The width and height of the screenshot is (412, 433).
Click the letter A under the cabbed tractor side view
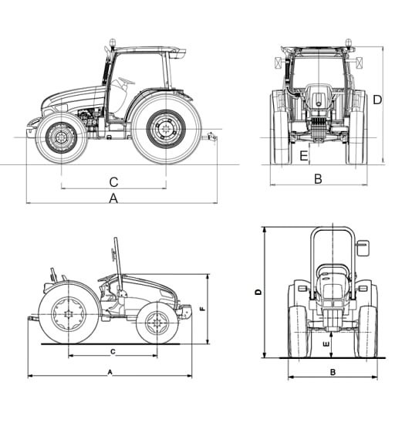click(x=113, y=198)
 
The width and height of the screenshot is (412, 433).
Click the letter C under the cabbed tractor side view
click(x=113, y=182)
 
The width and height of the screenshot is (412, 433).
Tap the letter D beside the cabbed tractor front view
click(x=377, y=100)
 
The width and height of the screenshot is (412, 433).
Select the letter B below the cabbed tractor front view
click(x=318, y=178)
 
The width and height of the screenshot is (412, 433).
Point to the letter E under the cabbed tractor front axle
click(x=303, y=156)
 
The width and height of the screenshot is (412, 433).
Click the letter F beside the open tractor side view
click(x=203, y=309)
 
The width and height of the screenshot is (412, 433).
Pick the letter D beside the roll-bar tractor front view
click(x=258, y=292)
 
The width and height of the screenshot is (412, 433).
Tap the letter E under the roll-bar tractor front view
click(x=326, y=344)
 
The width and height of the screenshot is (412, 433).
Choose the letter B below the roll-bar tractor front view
click(x=333, y=372)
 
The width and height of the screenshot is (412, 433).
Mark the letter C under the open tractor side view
click(x=113, y=351)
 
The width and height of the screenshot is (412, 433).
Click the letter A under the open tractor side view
click(x=110, y=372)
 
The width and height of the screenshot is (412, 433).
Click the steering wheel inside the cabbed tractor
click(x=127, y=80)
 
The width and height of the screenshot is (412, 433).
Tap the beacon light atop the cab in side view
click(x=112, y=42)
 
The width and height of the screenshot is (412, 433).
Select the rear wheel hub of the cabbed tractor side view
click(x=166, y=129)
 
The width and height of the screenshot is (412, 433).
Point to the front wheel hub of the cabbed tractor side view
click(x=60, y=137)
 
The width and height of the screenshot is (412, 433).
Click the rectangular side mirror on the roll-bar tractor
click(x=363, y=248)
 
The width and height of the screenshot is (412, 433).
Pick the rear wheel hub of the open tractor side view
click(x=68, y=314)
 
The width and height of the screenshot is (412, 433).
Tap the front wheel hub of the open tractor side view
click(x=157, y=323)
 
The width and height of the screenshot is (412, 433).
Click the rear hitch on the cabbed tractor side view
click(x=211, y=137)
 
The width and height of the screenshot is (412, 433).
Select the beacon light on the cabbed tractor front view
click(x=348, y=42)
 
